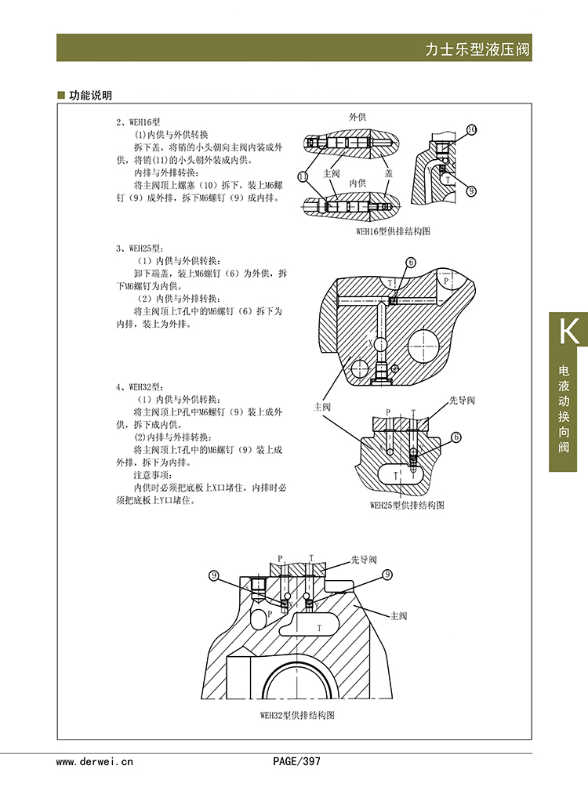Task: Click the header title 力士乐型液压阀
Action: tap(477, 50)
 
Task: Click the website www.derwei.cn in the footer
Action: tap(95, 760)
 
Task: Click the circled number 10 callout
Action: tap(471, 129)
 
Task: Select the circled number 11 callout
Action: tap(303, 175)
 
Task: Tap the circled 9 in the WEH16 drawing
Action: tap(471, 190)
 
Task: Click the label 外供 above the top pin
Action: tap(358, 117)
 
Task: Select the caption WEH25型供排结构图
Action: tap(406, 506)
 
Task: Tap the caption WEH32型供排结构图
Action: tap(297, 716)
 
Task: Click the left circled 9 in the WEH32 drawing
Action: tap(213, 575)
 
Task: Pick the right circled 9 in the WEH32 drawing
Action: tap(387, 575)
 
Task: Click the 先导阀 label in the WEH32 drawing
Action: tap(363, 560)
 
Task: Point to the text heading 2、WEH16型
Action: tap(138, 123)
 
